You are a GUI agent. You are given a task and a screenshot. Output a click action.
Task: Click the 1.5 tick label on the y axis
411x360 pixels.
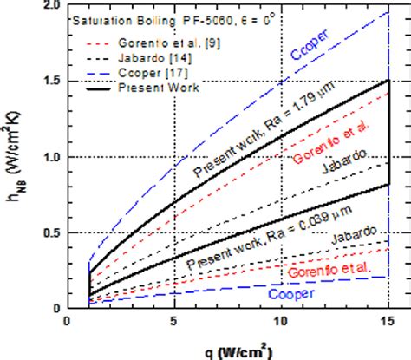[x=50, y=81]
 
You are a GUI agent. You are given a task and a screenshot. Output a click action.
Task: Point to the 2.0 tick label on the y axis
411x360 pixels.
[x=50, y=6]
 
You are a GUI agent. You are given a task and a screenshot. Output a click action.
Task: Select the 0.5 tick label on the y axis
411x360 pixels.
[x=50, y=232]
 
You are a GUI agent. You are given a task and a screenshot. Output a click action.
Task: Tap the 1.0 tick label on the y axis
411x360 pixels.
[x=50, y=157]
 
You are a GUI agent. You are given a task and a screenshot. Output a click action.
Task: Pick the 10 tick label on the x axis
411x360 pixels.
[x=282, y=321]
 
